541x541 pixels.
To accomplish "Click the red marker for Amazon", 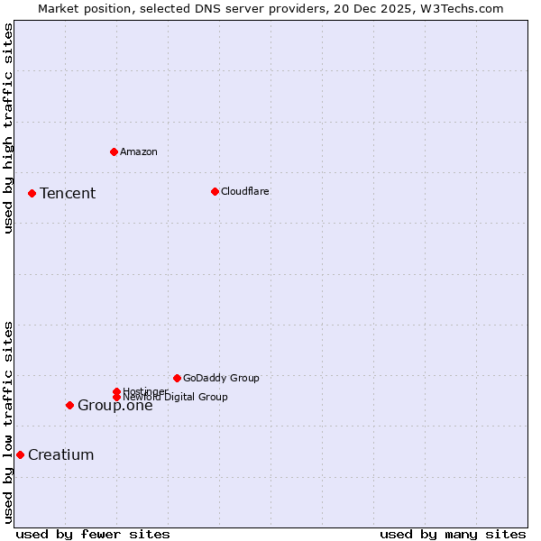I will (114, 151).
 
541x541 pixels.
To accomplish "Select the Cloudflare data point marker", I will (215, 191).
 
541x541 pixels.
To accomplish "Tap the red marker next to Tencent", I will (32, 193).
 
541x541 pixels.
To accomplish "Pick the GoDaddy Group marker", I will (177, 378).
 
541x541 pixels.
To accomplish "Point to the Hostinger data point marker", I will (116, 391).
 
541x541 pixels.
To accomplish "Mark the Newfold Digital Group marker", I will (116, 397).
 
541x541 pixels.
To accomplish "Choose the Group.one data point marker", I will (69, 405).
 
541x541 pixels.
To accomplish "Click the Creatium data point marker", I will (20, 454).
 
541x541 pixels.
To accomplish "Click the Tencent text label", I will (68, 193).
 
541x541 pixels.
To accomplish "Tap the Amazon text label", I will (139, 151).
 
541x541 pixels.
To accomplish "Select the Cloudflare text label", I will (245, 191).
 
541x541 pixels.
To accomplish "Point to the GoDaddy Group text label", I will (221, 378).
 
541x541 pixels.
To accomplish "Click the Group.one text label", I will (115, 406).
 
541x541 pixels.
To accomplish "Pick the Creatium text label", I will (61, 454).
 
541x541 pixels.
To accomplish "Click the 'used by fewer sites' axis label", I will (93, 534).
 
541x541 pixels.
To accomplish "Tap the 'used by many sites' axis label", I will (453, 534).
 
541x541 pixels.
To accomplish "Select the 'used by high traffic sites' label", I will (8, 128).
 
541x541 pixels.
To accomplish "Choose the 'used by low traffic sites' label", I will (8, 422).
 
